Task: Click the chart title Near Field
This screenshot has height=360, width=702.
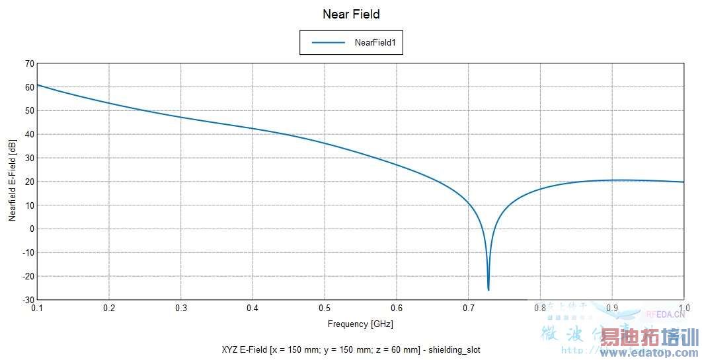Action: tap(351, 14)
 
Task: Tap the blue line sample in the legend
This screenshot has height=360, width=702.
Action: tap(329, 42)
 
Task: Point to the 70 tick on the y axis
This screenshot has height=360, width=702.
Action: tap(29, 63)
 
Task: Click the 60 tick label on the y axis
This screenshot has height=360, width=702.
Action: tap(29, 87)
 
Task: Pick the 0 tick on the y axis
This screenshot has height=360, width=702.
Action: tap(31, 229)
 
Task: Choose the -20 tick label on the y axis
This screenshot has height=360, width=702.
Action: tap(28, 276)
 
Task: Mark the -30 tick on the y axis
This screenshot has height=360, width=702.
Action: tap(28, 300)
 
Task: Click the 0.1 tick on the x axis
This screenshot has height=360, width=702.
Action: tap(37, 308)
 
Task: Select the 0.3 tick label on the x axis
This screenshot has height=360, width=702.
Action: tap(180, 308)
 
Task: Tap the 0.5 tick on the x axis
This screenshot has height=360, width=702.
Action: tap(324, 308)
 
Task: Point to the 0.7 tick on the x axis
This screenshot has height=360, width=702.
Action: tap(468, 308)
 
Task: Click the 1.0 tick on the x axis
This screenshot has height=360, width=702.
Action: tap(683, 308)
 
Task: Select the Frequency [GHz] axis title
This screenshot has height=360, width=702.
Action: tap(360, 324)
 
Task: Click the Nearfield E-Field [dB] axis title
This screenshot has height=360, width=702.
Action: tap(13, 180)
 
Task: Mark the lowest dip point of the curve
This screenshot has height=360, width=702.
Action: tap(488, 289)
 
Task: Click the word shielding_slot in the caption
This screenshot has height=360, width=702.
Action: tap(462, 349)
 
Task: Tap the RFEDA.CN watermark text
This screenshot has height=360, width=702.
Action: tap(664, 314)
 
